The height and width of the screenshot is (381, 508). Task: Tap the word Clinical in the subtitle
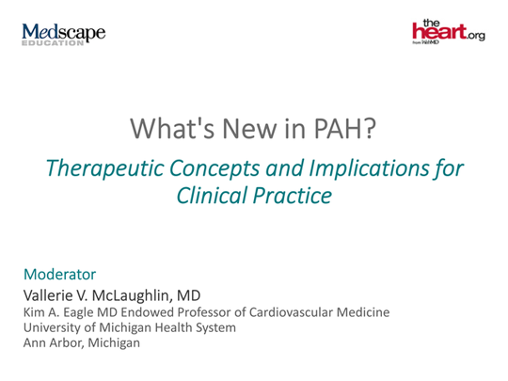pos(213,198)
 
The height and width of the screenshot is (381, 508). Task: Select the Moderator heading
pos(58,275)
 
